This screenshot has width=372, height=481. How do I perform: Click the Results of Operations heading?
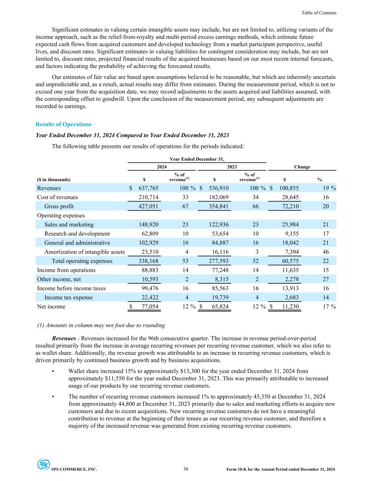tap(63, 124)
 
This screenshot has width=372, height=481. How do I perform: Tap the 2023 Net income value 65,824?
tap(218, 307)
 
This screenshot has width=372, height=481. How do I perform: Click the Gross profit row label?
tap(59, 206)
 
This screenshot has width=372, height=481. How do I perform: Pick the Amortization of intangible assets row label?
tap(84, 252)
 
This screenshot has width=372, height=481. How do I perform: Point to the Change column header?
tap(302, 167)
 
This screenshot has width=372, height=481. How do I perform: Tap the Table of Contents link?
tap(319, 13)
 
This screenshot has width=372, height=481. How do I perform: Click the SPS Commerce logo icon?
tap(43, 464)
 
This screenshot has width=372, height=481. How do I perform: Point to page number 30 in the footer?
tap(186, 469)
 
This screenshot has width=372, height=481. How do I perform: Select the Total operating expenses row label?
tap(82, 261)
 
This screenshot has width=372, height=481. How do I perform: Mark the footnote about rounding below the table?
tap(101, 325)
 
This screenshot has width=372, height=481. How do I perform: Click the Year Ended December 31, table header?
tap(197, 159)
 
